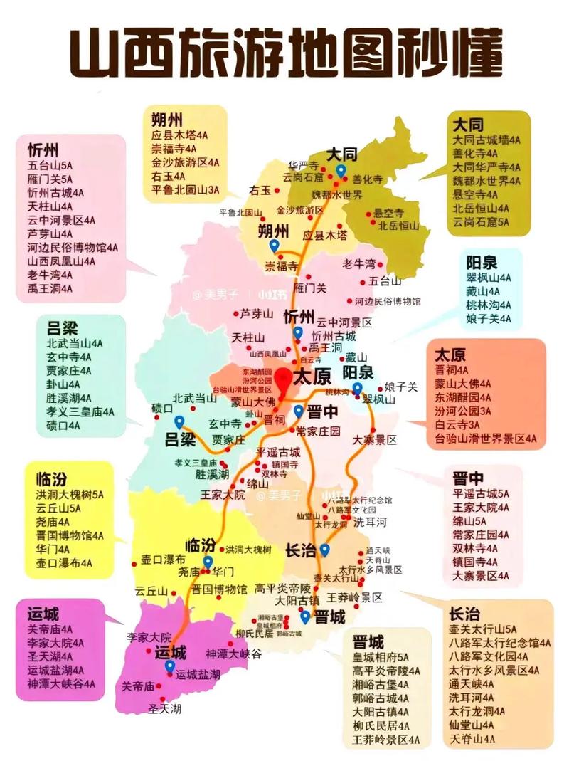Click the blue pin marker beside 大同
(341, 171)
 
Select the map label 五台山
(381, 281)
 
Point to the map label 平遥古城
(278, 452)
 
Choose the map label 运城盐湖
(198, 673)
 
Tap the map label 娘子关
(400, 387)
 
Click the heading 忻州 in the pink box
(43, 150)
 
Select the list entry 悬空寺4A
(479, 194)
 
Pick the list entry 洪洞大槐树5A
(70, 494)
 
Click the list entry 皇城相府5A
(381, 656)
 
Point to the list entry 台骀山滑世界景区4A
(486, 438)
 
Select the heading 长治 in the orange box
(464, 614)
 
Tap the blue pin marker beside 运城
(169, 666)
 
